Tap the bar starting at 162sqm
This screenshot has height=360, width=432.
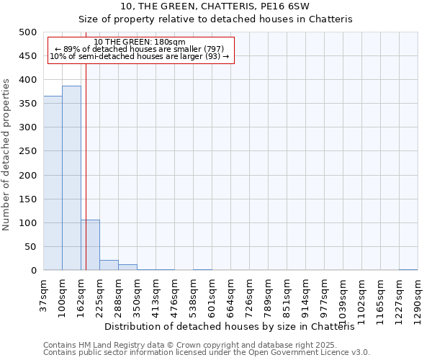(x=90, y=245)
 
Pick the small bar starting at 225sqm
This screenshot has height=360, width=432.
(x=109, y=265)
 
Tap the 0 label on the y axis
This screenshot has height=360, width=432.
(x=34, y=271)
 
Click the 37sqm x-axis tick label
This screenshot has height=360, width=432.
(x=43, y=295)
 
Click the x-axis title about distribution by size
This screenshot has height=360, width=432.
(x=235, y=327)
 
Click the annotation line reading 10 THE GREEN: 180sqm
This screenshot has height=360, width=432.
(x=140, y=42)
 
